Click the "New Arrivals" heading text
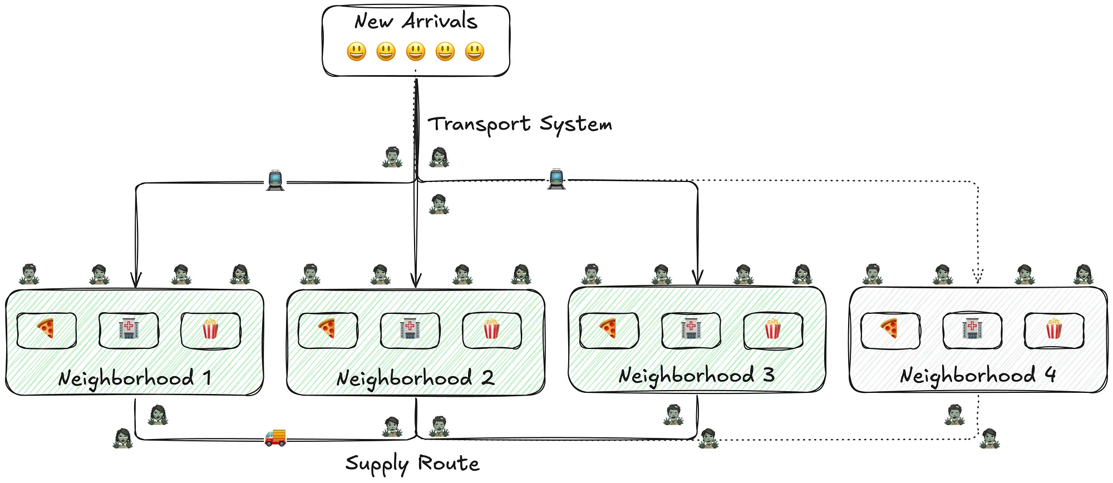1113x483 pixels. [x=416, y=22]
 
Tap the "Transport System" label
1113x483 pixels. [x=520, y=124]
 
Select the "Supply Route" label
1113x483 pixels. [x=412, y=463]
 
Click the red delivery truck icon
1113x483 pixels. [x=275, y=437]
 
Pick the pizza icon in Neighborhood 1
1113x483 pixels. [x=46, y=329]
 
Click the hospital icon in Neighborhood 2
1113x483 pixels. [x=410, y=328]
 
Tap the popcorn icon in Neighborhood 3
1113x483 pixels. [x=772, y=329]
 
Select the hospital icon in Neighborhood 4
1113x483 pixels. [x=972, y=328]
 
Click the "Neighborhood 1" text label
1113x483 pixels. [x=135, y=378]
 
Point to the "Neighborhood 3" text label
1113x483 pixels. [x=697, y=376]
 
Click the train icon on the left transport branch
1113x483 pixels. [x=275, y=180]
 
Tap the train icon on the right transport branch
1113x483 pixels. [x=556, y=179]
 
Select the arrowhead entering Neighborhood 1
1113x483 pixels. [x=136, y=279]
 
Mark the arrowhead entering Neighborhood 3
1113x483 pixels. [x=697, y=277]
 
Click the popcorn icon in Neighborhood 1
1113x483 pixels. [x=210, y=329]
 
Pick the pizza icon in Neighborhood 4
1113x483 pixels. [x=889, y=329]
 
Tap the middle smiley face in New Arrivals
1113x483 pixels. [x=416, y=52]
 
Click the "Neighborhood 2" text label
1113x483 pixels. [x=415, y=378]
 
